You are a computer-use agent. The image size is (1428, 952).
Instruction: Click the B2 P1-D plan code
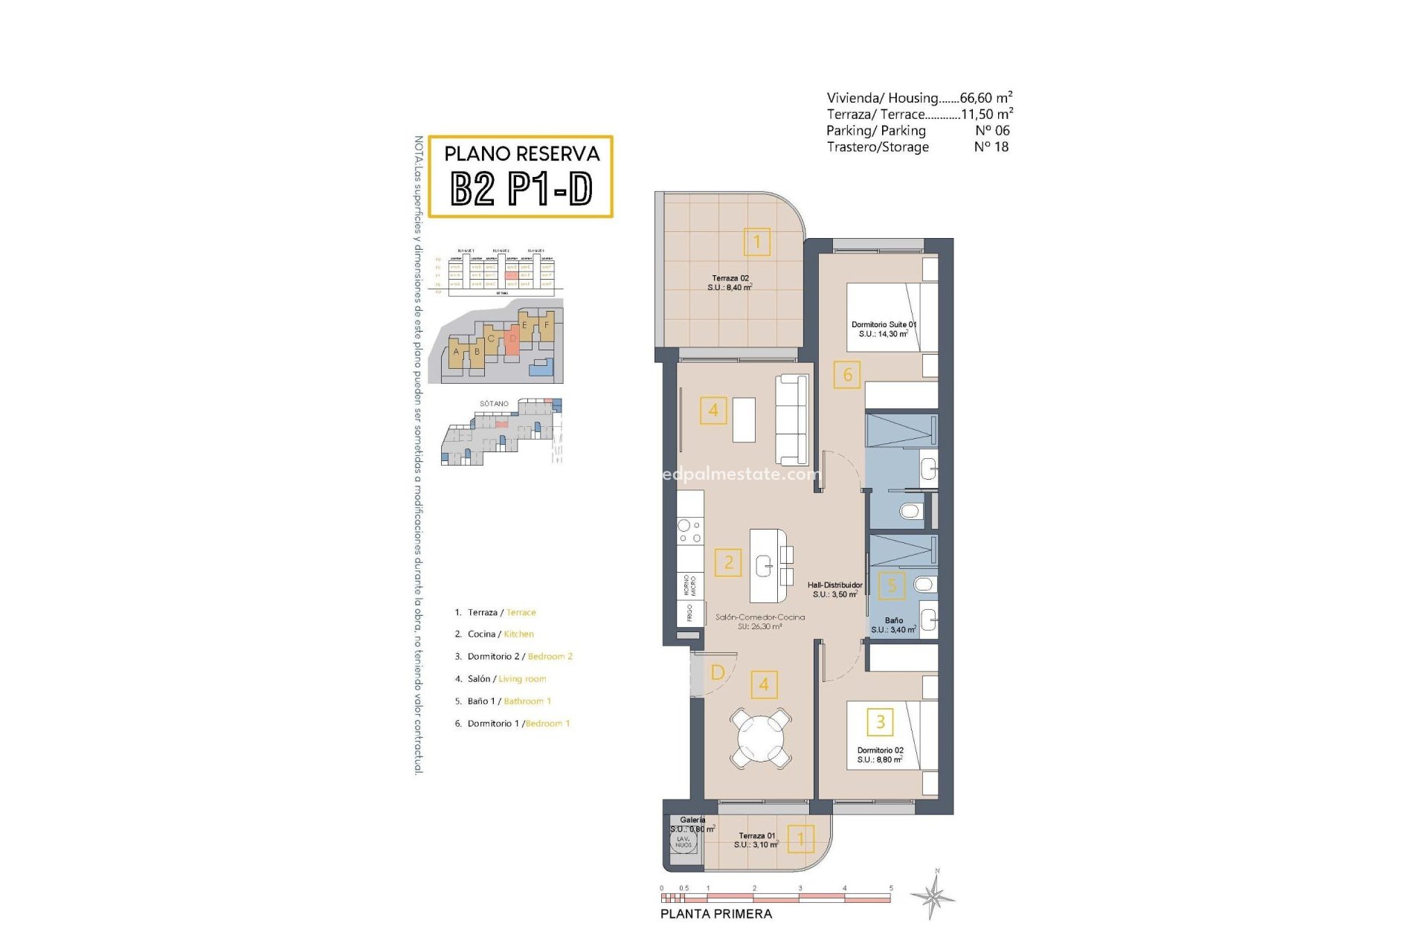pos(521,189)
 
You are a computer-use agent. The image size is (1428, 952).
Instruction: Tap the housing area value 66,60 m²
pos(985,97)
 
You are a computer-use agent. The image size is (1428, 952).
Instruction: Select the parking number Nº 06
pos(992,130)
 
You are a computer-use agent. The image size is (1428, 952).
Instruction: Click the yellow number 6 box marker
pos(847,375)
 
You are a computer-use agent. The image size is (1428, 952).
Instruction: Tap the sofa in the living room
pos(792,420)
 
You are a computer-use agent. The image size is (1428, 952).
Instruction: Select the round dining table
pos(760,739)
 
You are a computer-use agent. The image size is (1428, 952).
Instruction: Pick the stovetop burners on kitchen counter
pos(689,531)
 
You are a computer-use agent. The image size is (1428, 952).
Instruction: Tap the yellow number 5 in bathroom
pos(892,585)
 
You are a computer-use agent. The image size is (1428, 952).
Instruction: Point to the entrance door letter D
pos(718,672)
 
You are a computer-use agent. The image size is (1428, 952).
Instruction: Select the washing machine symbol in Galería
pos(683,842)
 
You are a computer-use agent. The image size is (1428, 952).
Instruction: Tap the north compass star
pos(934,895)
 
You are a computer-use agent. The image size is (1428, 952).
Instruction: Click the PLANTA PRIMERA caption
pos(716,914)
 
